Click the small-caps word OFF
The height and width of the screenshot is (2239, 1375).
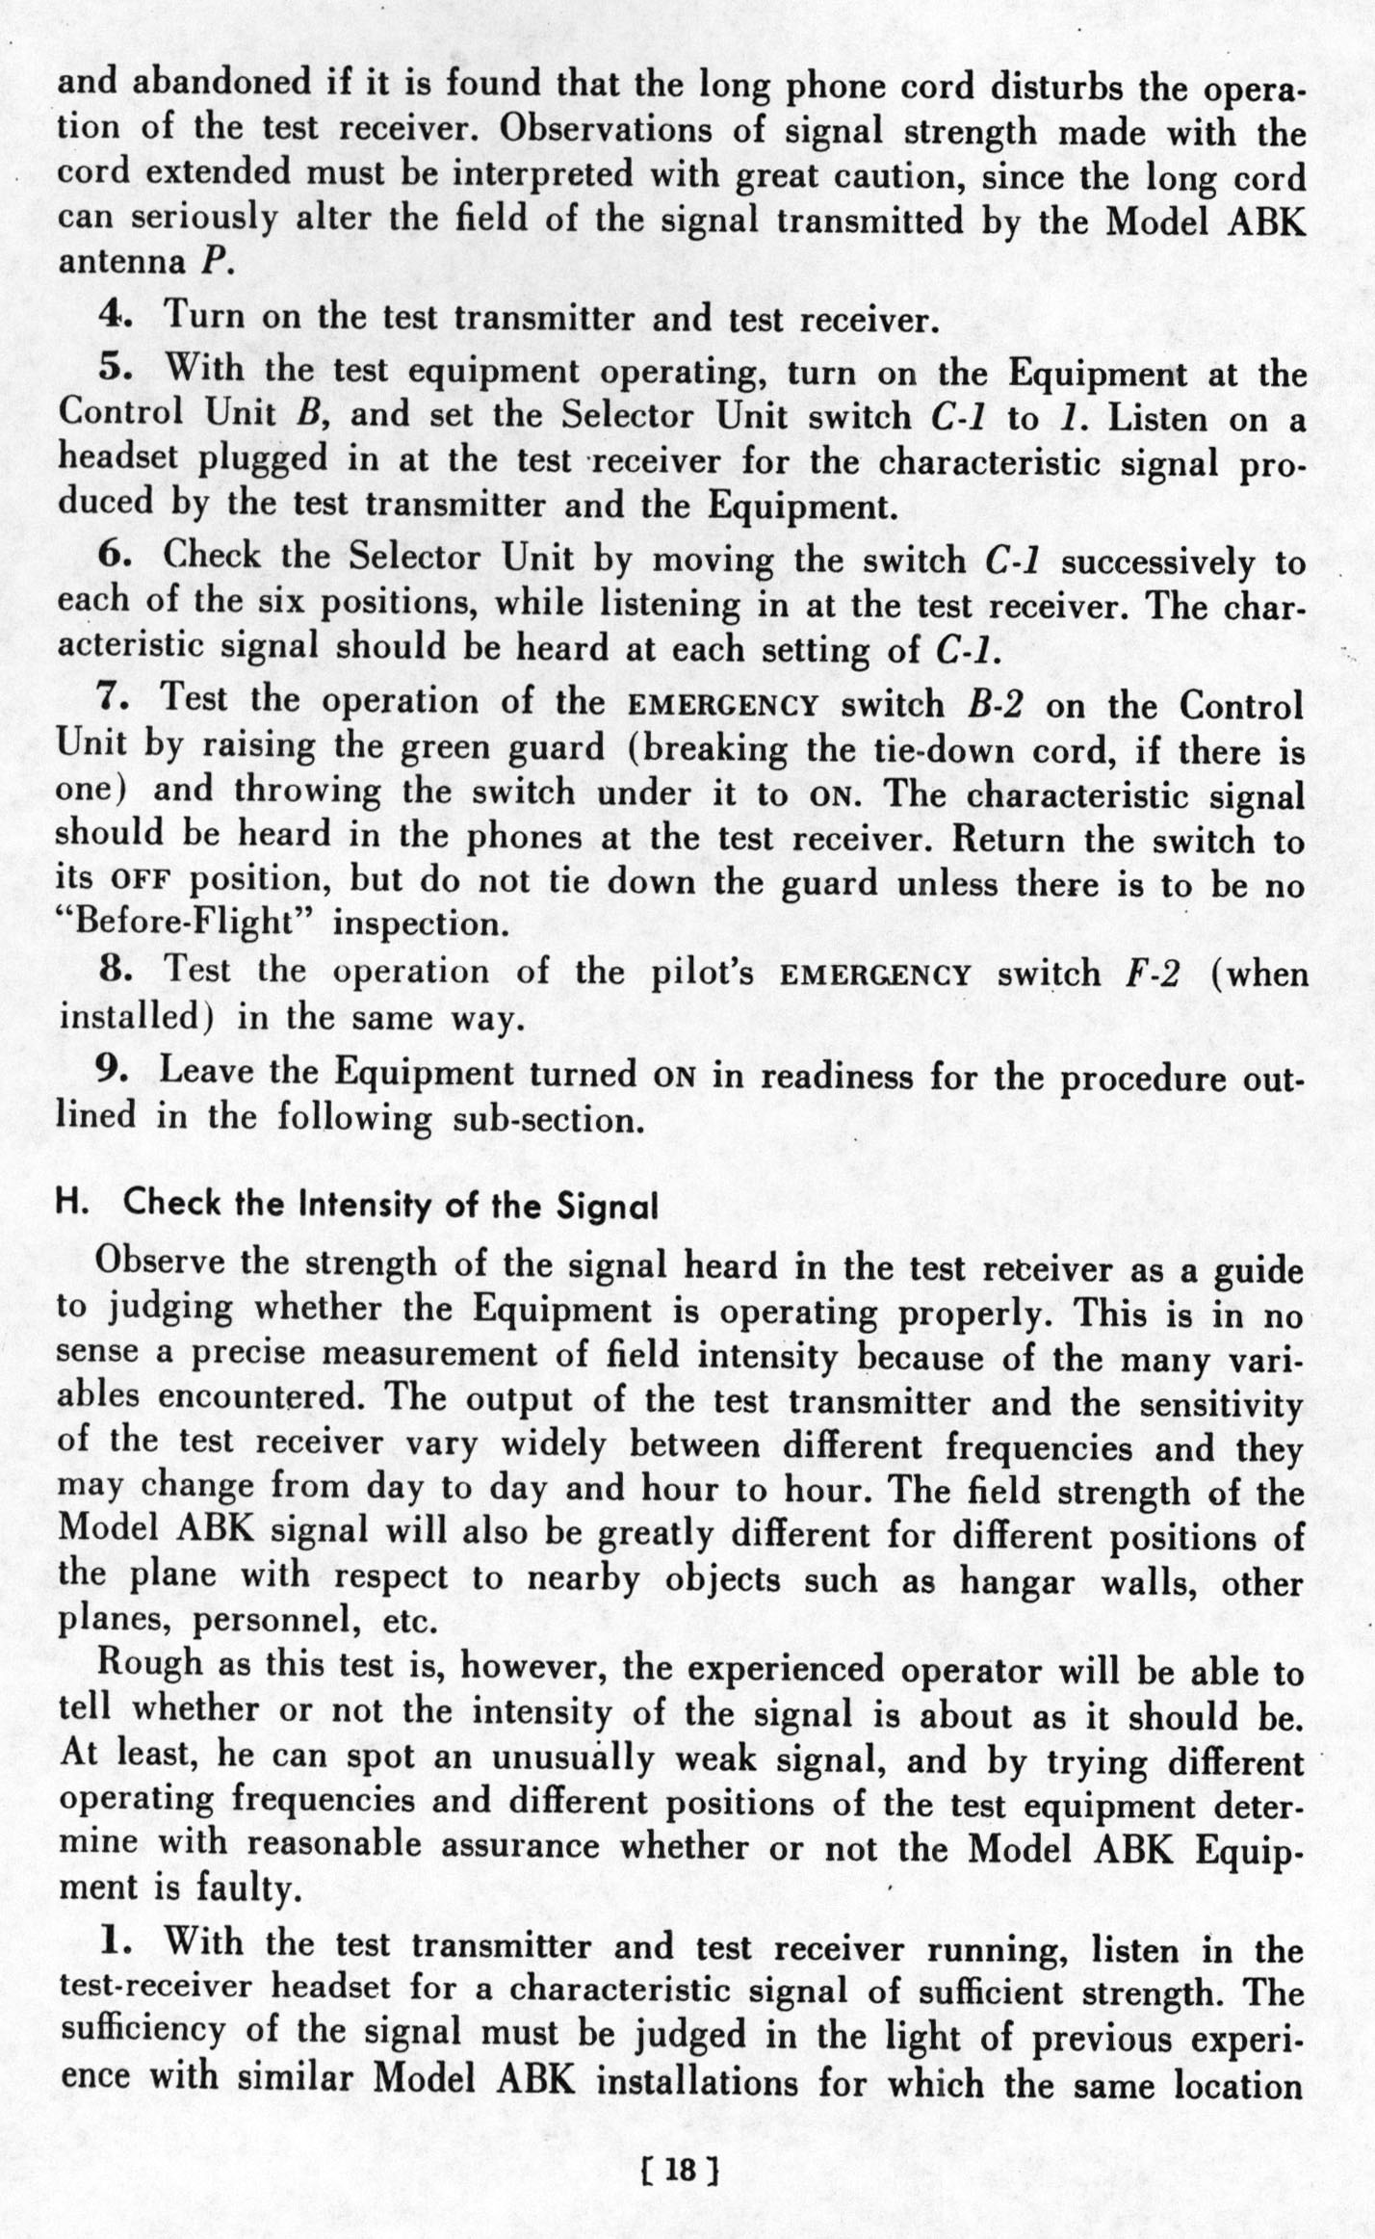(141, 882)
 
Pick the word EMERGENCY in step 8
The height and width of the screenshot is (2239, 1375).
(874, 975)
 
